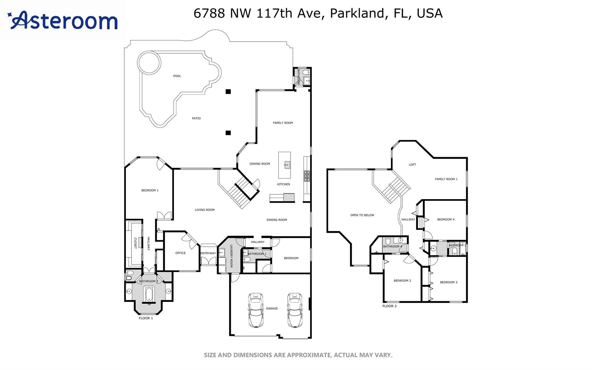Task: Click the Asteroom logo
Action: pyautogui.click(x=62, y=20)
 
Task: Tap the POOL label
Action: pyautogui.click(x=177, y=76)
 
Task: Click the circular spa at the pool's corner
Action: pyautogui.click(x=149, y=63)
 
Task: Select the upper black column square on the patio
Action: pyautogui.click(x=228, y=92)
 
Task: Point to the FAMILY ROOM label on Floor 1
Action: pyautogui.click(x=283, y=123)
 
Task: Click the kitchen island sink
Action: pyautogui.click(x=287, y=165)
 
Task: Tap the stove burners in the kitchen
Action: pyautogui.click(x=306, y=176)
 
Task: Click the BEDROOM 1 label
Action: pyautogui.click(x=150, y=190)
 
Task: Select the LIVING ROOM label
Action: pyautogui.click(x=205, y=210)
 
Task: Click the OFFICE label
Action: pyautogui.click(x=181, y=253)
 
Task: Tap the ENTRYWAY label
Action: pyautogui.click(x=208, y=253)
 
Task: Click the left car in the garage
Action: pyautogui.click(x=256, y=310)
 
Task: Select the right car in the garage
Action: pyautogui.click(x=295, y=310)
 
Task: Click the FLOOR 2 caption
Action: pyautogui.click(x=390, y=306)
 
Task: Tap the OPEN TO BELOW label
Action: pyautogui.click(x=362, y=215)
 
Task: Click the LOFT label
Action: pyautogui.click(x=412, y=165)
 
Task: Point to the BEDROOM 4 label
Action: pyautogui.click(x=446, y=220)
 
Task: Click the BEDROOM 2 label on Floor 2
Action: pyautogui.click(x=402, y=281)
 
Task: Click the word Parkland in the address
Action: pyautogui.click(x=357, y=13)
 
